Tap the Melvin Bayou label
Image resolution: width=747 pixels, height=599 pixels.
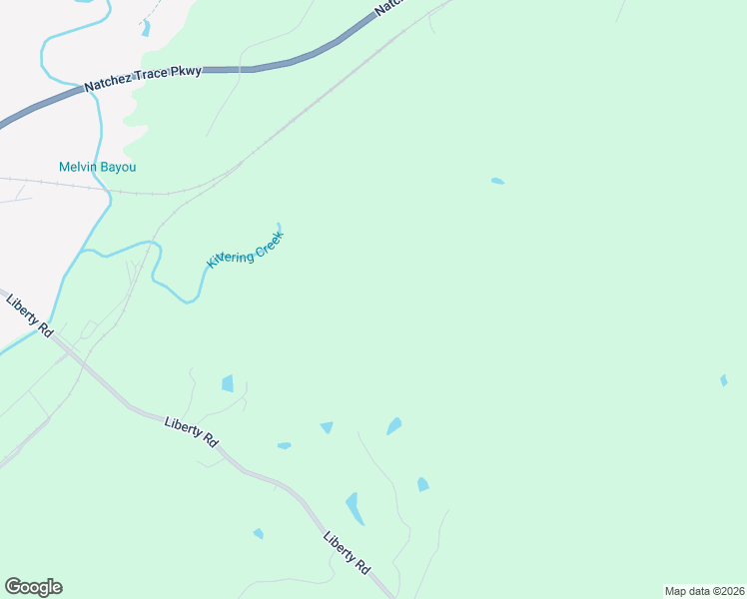pos(97,167)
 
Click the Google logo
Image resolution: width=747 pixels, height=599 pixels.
pos(33,587)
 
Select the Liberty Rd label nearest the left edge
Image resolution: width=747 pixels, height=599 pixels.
pos(29,314)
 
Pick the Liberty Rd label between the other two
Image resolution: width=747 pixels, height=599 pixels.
pos(191,430)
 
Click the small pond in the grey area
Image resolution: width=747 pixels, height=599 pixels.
pos(146,28)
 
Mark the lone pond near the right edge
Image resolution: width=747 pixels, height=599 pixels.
pos(724,380)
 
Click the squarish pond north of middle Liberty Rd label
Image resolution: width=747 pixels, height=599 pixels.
pos(228,383)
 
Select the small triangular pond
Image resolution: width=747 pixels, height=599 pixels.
pos(327,427)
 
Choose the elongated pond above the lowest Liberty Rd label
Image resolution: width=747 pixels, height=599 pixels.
pos(355,508)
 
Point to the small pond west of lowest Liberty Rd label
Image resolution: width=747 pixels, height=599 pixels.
pos(259,534)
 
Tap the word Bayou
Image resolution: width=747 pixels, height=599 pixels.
pos(117,167)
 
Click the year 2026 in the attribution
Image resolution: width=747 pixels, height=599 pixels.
pos(726,591)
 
